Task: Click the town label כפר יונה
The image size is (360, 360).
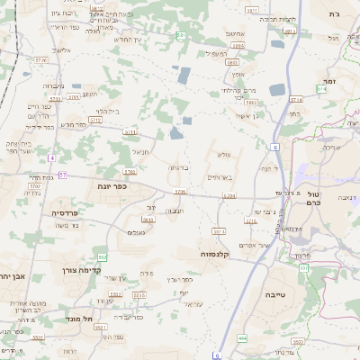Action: tap(110, 185)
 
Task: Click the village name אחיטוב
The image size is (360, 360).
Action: tap(235, 33)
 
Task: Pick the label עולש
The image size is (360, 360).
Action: tap(220, 156)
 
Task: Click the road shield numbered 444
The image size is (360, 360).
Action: tap(242, 337)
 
